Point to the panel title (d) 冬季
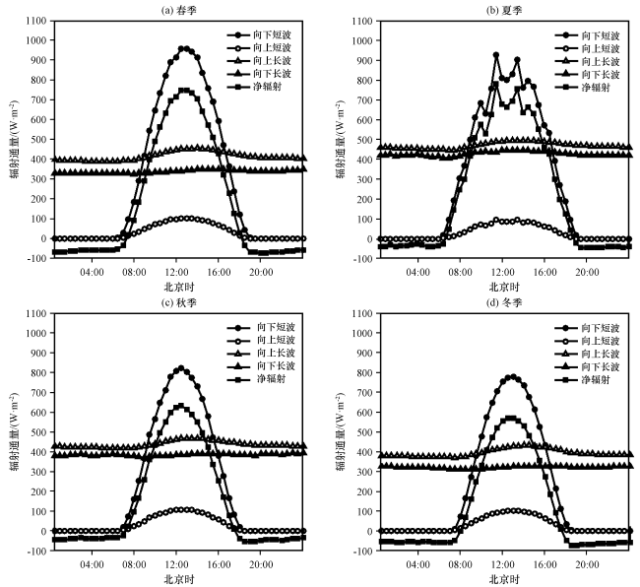point(501,301)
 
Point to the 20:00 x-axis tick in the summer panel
point(587,272)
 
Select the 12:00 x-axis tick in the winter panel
point(502,564)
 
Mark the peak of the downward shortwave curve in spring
point(183,48)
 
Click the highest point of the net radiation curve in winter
point(509,418)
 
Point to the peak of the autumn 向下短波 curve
point(180,368)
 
